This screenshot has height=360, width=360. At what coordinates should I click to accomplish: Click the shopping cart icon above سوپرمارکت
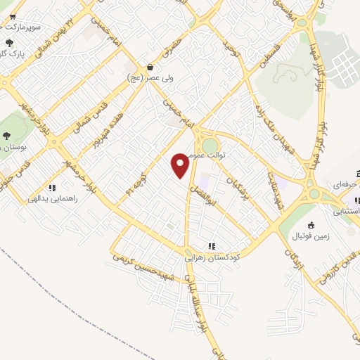click(12, 16)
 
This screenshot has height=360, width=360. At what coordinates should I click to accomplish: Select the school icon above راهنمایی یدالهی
click(52, 188)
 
